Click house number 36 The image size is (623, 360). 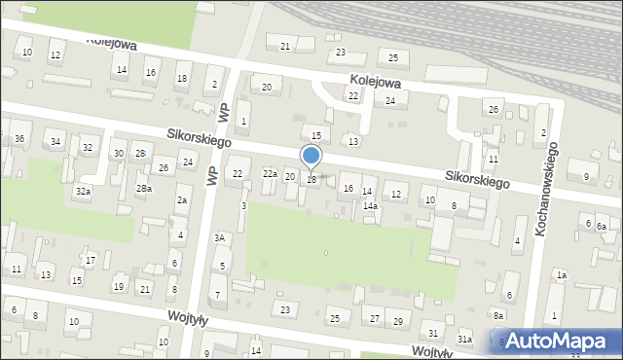tap(19, 139)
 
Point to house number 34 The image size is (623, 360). tap(55, 142)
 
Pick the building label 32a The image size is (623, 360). tap(84, 192)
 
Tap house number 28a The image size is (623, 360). tap(143, 188)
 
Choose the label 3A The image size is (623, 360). tap(221, 237)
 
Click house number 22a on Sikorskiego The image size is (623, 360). tap(270, 173)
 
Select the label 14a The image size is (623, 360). tap(371, 206)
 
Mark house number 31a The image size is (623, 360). tap(465, 339)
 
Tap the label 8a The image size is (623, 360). tap(498, 315)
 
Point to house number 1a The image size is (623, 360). tap(562, 275)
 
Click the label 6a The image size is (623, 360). tap(602, 227)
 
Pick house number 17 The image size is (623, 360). tap(90, 260)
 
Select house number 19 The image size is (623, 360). tap(118, 286)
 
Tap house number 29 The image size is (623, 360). tap(397, 321)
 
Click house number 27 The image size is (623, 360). tap(375, 318)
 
